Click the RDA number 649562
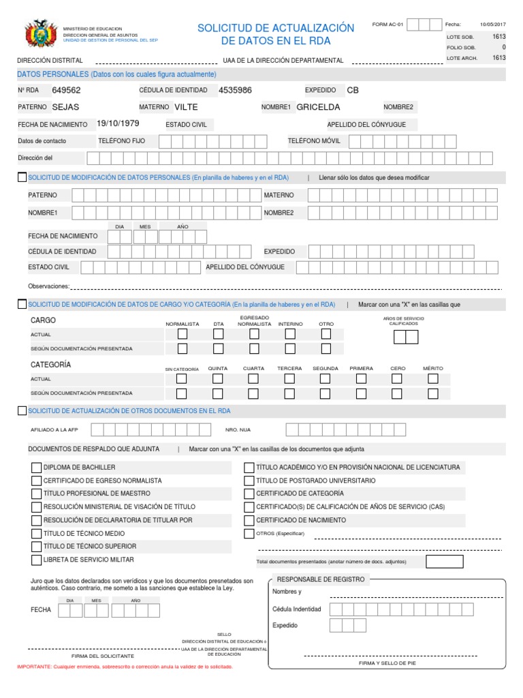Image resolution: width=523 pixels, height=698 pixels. [x=66, y=90]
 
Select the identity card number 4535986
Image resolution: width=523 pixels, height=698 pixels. [x=235, y=90]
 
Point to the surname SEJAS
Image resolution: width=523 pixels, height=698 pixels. [x=66, y=107]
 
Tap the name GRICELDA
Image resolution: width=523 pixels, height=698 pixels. [x=318, y=107]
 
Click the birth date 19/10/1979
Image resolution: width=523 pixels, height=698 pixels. [x=118, y=124]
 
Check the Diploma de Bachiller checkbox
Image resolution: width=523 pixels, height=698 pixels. [x=37, y=468]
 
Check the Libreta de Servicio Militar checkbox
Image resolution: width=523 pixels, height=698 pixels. [x=37, y=560]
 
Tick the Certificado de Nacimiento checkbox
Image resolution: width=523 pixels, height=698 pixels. [x=249, y=520]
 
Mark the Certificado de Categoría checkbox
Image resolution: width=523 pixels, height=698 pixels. [x=249, y=494]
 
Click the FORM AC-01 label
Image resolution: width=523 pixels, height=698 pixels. [x=388, y=25]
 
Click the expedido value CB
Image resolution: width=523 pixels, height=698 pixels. [x=352, y=90]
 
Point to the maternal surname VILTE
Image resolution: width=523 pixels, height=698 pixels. [x=186, y=107]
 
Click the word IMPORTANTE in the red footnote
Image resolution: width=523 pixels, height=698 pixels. [x=33, y=667]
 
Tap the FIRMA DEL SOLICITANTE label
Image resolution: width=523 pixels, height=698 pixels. [x=103, y=656]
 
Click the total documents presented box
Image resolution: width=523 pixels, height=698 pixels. [x=444, y=562]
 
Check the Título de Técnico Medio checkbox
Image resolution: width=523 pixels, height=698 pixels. [x=37, y=533]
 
